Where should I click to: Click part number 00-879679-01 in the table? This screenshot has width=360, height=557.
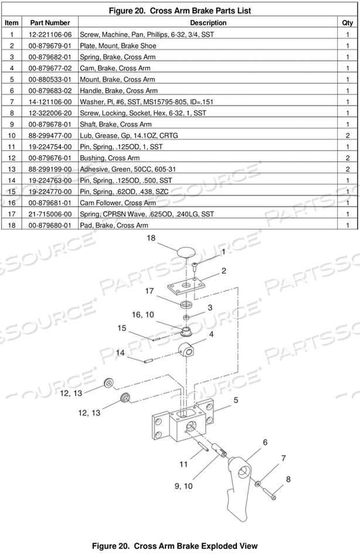tap(50, 46)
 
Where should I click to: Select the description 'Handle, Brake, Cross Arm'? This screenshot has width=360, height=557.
tap(118, 90)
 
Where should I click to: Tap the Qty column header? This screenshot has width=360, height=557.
tap(347, 23)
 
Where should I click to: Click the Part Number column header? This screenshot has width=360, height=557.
tap(50, 23)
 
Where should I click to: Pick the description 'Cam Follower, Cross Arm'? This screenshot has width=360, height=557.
tap(118, 203)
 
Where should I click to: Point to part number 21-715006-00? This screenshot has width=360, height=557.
tap(50, 214)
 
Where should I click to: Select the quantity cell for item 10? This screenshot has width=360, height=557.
tap(347, 135)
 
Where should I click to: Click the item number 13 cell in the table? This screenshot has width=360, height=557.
tap(11, 169)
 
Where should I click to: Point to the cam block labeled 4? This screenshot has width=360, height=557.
tap(186, 350)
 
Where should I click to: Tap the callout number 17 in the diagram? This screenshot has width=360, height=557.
tap(150, 291)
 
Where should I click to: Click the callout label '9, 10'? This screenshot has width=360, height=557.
tap(184, 486)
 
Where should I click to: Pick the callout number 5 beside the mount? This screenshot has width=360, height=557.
tap(236, 400)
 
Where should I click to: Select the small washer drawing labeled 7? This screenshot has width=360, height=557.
tap(257, 484)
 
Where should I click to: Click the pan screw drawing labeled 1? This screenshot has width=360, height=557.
tap(195, 266)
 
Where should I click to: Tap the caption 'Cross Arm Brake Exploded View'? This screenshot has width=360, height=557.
tap(195, 546)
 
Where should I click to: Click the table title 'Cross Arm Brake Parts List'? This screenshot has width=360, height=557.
tap(200, 11)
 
